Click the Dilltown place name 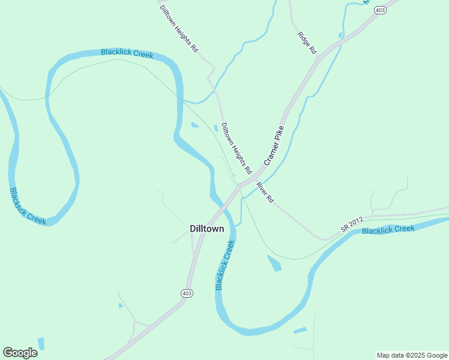coord(206,229)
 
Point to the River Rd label coord(265,192)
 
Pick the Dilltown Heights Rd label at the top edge coord(179,28)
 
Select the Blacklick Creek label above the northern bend coord(127,53)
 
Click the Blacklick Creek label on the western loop coord(28,206)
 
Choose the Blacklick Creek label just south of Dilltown coord(224,265)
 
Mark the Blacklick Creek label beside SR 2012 coord(388,230)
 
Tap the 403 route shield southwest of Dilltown coord(187,293)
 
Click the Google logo coord(20,353)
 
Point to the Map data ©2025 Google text coord(411,355)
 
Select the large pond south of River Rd coord(274,263)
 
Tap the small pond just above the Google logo coord(41,344)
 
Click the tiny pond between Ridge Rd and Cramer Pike coord(340,35)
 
